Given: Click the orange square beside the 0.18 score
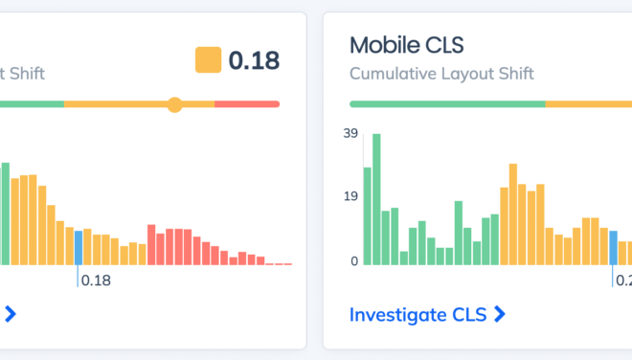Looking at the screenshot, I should pyautogui.click(x=208, y=60).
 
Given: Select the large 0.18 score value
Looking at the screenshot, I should pyautogui.click(x=254, y=60).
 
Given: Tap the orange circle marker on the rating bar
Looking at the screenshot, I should pyautogui.click(x=174, y=104).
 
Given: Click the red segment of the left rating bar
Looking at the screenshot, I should pyautogui.click(x=247, y=104).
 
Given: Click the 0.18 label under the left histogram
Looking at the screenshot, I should pyautogui.click(x=96, y=281).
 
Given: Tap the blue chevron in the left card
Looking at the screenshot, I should pyautogui.click(x=11, y=313).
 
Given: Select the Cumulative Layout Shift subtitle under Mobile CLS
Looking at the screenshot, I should pyautogui.click(x=441, y=74).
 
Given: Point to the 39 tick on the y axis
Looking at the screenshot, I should pyautogui.click(x=350, y=133).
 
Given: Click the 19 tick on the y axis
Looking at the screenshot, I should pyautogui.click(x=350, y=197).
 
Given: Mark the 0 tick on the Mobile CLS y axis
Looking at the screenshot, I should pyautogui.click(x=353, y=260).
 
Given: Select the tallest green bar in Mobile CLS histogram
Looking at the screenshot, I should pyautogui.click(x=376, y=199).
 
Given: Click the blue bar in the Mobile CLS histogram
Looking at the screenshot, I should pyautogui.click(x=614, y=248).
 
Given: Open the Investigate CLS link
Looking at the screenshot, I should pyautogui.click(x=419, y=314).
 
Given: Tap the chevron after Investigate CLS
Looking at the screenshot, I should pyautogui.click(x=499, y=314).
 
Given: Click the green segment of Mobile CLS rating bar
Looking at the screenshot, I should pyautogui.click(x=447, y=104).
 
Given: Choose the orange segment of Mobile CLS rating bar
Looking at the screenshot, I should pyautogui.click(x=589, y=104).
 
